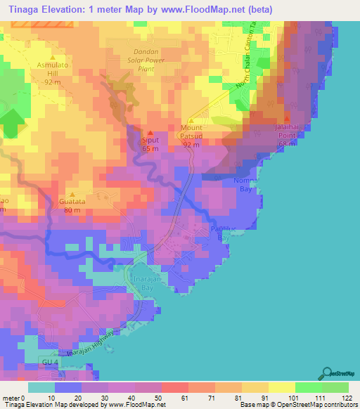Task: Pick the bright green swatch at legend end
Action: (335, 387)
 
